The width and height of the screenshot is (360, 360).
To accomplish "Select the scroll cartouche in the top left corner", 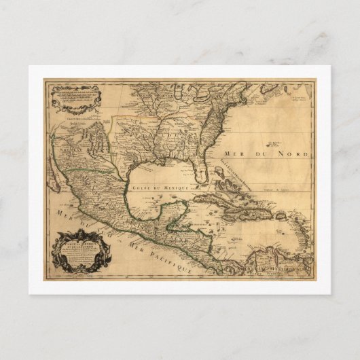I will pos(75,95).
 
